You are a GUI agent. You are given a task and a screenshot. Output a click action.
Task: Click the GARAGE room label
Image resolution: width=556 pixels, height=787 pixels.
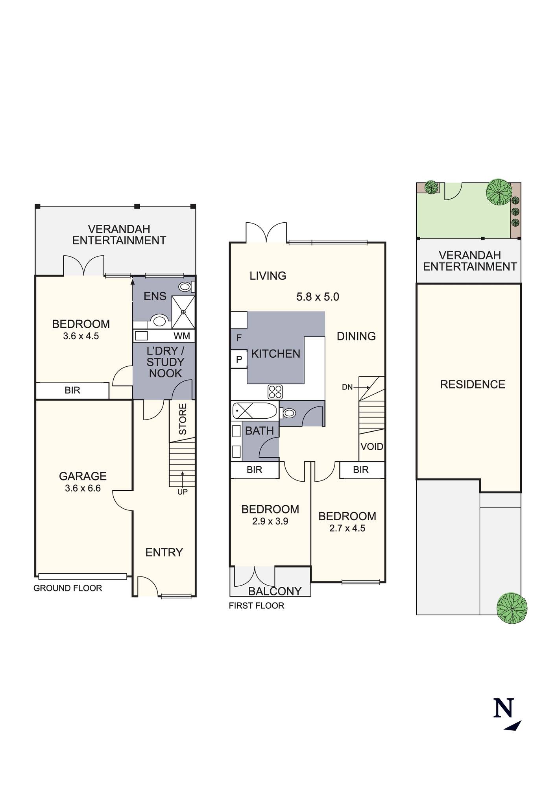tap(83, 476)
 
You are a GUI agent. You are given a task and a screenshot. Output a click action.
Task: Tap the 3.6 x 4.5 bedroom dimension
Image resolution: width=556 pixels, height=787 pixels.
tap(81, 336)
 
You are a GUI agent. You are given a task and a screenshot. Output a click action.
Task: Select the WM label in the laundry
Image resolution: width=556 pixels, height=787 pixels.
tap(182, 336)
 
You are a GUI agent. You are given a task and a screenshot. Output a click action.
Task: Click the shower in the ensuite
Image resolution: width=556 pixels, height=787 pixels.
tap(183, 312)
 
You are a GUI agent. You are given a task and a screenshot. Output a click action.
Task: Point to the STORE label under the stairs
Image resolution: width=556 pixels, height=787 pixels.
tap(183, 419)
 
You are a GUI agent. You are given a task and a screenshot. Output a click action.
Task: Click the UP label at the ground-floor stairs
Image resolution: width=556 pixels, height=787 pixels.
tap(182, 492)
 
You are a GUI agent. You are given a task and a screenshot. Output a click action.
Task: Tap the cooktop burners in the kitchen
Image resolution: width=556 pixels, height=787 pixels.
tap(275, 392)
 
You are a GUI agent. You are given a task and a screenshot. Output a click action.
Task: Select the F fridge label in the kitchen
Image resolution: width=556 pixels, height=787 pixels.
tap(239, 338)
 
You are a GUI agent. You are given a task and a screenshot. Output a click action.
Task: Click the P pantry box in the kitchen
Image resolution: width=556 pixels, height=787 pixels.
tap(239, 359)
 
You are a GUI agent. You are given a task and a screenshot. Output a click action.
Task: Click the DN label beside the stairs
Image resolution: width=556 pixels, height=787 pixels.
tap(347, 387)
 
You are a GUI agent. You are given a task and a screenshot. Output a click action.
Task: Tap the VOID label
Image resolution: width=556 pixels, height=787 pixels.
tap(372, 447)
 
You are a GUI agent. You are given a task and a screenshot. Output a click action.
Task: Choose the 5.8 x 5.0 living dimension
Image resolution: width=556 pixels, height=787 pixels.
tap(318, 297)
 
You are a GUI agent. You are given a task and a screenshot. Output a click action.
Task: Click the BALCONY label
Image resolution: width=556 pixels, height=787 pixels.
tap(275, 591)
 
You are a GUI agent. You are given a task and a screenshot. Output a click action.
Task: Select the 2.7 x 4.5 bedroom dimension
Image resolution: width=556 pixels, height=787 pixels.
tap(347, 528)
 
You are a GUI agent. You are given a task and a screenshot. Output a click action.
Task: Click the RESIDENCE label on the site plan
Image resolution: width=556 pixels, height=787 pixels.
tap(473, 384)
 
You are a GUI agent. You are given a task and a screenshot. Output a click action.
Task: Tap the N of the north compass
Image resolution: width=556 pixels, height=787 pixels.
tap(504, 708)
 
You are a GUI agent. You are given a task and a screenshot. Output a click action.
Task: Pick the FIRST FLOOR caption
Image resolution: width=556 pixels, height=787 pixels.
tap(257, 606)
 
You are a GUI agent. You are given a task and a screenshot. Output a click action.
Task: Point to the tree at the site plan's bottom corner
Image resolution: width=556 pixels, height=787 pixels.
tap(512, 608)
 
